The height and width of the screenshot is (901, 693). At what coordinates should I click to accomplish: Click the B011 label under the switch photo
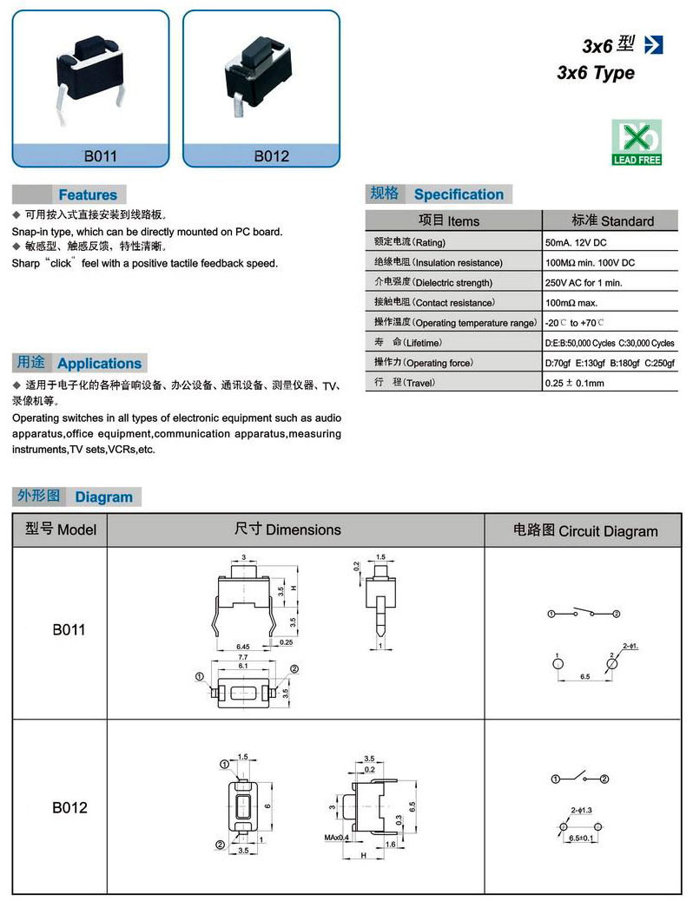coord(100,157)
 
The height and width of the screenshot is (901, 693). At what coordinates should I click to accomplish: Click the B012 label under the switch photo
coord(271,157)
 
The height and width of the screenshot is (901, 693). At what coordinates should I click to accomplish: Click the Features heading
coord(87,195)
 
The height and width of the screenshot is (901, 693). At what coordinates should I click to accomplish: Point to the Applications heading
coord(99,364)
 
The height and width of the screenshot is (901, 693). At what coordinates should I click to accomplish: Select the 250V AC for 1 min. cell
coord(584,283)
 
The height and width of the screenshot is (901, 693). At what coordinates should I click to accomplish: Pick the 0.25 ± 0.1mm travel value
coord(574,383)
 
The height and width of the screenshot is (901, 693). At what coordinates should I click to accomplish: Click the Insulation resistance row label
coord(439,262)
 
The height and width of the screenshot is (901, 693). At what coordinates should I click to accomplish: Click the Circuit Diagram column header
coord(585,530)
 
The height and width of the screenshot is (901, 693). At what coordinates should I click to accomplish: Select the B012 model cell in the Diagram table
coord(69,807)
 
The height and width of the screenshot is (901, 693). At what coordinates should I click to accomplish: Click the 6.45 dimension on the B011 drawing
coord(244,647)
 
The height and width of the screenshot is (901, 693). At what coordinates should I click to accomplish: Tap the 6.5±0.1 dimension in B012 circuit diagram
coord(580,839)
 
